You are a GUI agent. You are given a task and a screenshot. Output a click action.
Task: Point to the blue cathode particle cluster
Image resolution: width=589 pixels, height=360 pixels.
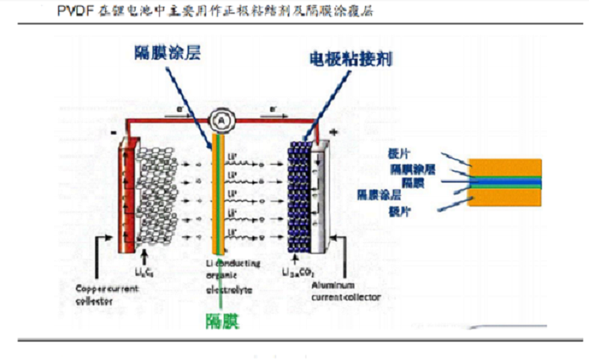click(x=300, y=198)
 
